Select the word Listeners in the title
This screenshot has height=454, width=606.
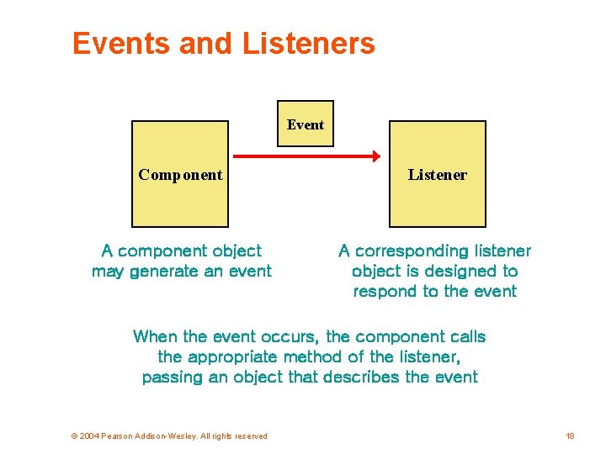tap(308, 43)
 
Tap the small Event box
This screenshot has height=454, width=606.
tap(306, 124)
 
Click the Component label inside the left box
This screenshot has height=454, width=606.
tap(181, 175)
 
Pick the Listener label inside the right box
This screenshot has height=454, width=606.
tap(437, 175)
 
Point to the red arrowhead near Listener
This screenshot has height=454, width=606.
tap(374, 156)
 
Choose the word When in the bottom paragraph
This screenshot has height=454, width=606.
tap(155, 336)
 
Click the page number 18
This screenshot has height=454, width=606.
tap(570, 436)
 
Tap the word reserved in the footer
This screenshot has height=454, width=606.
tap(249, 436)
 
